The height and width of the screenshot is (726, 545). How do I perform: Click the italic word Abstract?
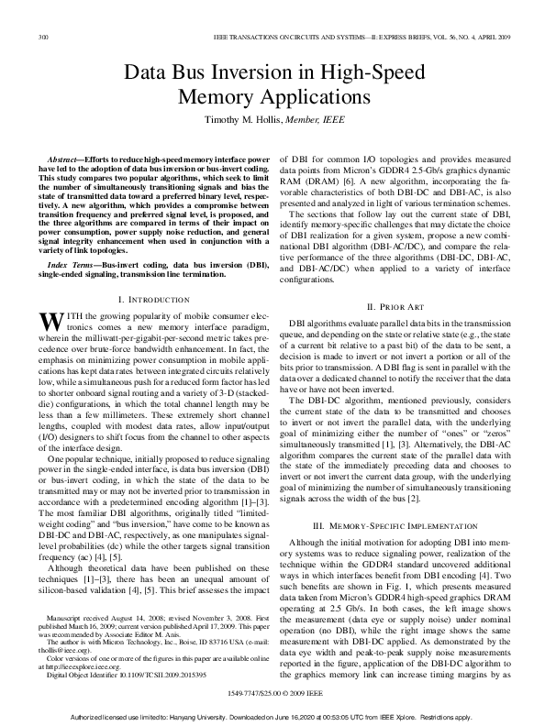(x=66, y=160)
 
